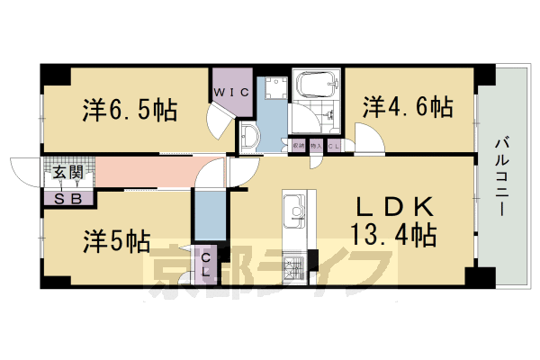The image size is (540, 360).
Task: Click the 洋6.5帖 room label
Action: tap(130, 112)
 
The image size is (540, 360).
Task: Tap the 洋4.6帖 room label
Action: tap(407, 107)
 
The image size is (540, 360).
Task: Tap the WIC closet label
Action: tap(230, 93)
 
